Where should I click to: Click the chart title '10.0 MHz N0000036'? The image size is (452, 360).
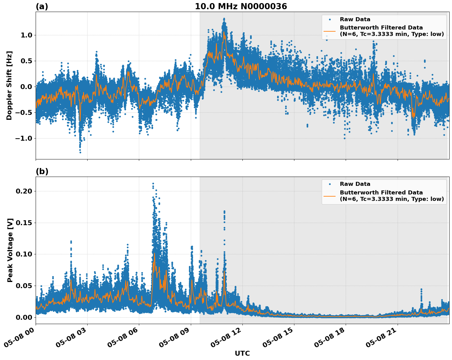pyautogui.click(x=241, y=6)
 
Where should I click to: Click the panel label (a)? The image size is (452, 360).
pyautogui.click(x=42, y=6)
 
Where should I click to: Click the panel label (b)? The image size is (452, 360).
pyautogui.click(x=42, y=171)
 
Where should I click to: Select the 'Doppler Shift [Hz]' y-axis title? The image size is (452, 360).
pyautogui.click(x=9, y=85)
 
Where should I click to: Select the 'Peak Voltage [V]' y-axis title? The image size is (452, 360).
pyautogui.click(x=10, y=250)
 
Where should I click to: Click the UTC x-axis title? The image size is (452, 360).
pyautogui.click(x=242, y=353)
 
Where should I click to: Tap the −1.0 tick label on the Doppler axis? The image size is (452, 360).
pyautogui.click(x=24, y=138)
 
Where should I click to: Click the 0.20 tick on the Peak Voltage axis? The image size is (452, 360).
pyautogui.click(x=24, y=191)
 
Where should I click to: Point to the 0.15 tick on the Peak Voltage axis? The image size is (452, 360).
pyautogui.click(x=24, y=223)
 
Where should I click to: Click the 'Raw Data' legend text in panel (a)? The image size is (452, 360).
pyautogui.click(x=355, y=19)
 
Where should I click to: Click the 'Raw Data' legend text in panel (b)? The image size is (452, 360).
pyautogui.click(x=355, y=184)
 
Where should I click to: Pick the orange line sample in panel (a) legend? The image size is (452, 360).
pyautogui.click(x=330, y=31)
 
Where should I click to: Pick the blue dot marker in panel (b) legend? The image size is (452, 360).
pyautogui.click(x=330, y=184)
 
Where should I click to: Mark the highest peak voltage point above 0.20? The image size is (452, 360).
pyautogui.click(x=153, y=184)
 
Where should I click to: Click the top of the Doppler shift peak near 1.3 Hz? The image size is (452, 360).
pyautogui.click(x=224, y=19)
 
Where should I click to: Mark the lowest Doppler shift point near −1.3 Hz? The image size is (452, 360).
pyautogui.click(x=80, y=152)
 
